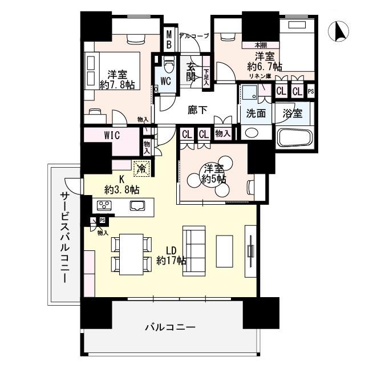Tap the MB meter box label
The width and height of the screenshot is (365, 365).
click(169, 40)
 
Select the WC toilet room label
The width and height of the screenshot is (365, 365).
click(165, 81)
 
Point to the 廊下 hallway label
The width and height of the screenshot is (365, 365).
click(197, 110)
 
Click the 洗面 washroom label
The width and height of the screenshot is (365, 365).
click(255, 113)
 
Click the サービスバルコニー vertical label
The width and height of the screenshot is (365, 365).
click(64, 238)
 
